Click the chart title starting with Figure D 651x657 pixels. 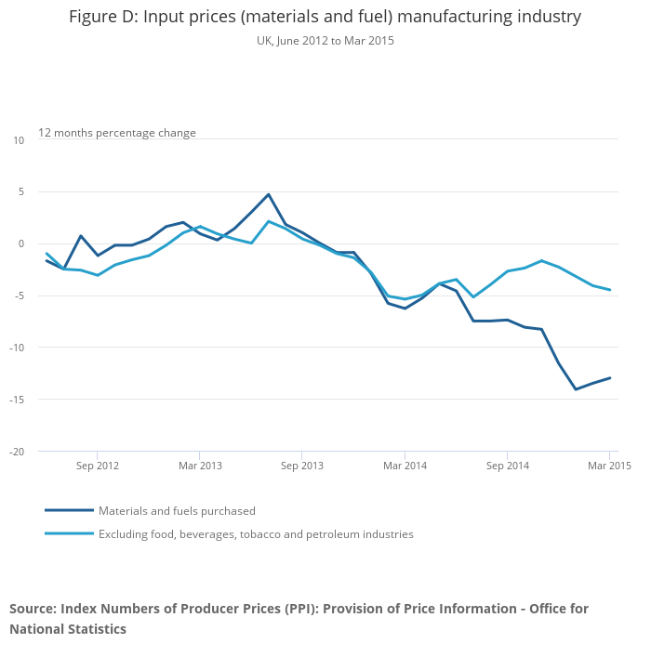point(325,17)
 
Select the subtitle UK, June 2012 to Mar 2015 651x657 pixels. point(325,41)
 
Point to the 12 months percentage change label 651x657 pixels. point(117,133)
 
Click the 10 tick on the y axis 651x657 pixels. point(19,140)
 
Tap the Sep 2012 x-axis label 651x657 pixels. point(98,465)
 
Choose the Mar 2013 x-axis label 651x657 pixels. point(200,465)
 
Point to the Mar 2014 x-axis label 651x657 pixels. point(405,465)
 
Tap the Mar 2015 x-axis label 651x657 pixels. point(608,465)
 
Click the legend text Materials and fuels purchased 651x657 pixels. point(177,511)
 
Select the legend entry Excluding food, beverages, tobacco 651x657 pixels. point(256,534)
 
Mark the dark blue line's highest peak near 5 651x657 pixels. point(268,194)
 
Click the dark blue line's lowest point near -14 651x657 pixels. point(576,389)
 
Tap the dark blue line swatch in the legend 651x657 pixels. point(69,510)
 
